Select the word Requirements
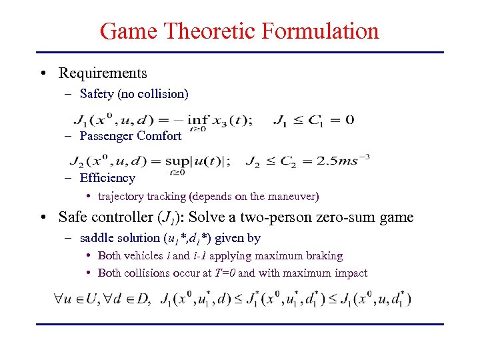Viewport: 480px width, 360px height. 103,73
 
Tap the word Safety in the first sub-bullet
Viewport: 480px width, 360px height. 97,94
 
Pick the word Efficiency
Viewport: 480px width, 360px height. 107,178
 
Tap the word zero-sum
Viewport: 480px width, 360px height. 349,217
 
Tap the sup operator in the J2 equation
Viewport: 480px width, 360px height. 197,162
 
